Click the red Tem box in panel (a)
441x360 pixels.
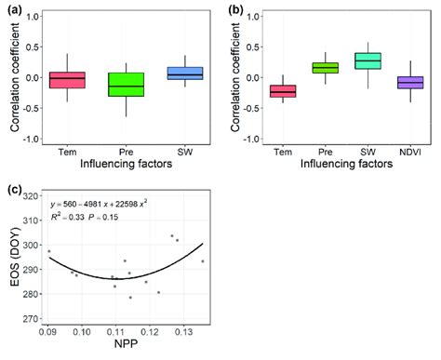pyautogui.click(x=67, y=80)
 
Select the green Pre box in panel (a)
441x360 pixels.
pyautogui.click(x=126, y=85)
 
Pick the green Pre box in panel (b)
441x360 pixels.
pyautogui.click(x=325, y=68)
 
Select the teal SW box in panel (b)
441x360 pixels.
pyautogui.click(x=367, y=60)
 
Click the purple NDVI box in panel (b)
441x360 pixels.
pyautogui.click(x=409, y=83)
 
